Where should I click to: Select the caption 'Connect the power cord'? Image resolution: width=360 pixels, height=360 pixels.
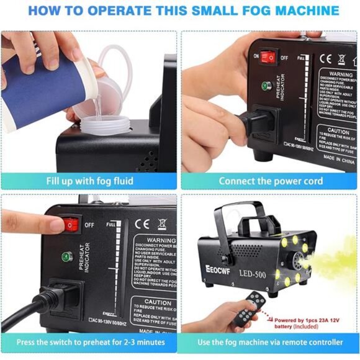[x=270, y=181]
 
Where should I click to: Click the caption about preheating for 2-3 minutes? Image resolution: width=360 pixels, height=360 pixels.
[x=91, y=342]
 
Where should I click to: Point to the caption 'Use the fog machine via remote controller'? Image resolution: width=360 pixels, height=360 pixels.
[x=270, y=342]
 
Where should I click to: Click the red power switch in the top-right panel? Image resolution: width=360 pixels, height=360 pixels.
[x=268, y=58]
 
